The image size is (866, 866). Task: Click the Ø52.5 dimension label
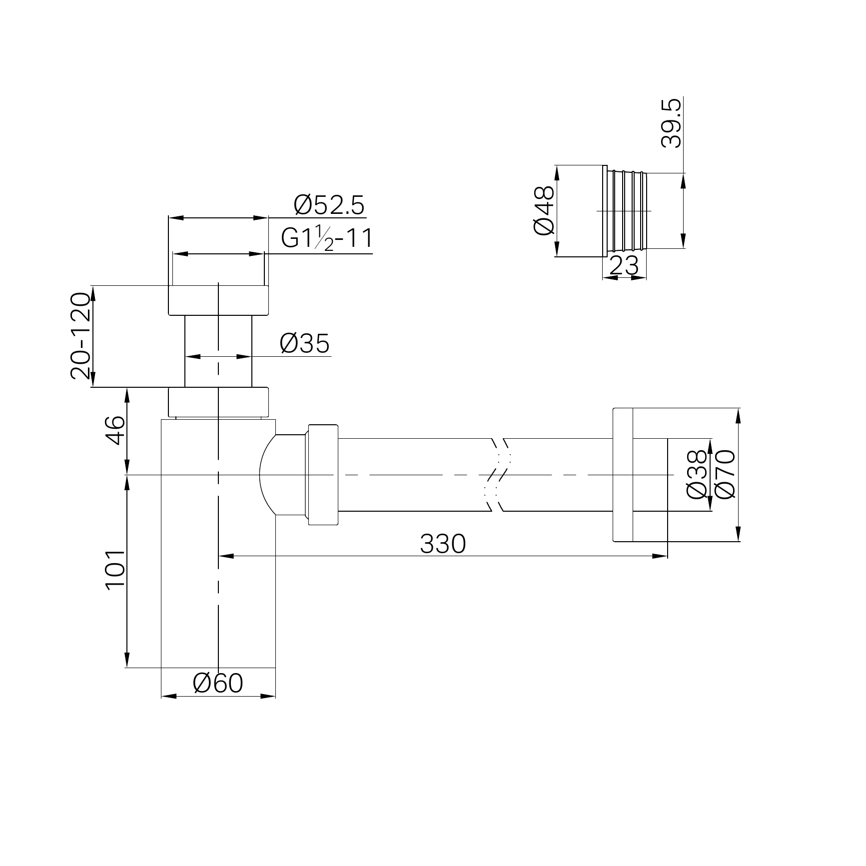329,205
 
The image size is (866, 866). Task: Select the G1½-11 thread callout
327,239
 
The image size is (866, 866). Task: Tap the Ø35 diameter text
305,343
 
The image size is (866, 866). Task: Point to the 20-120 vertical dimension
80,336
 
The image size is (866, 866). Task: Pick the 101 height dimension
115,570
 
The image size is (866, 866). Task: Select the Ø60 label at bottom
218,683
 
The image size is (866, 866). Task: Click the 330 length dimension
443,544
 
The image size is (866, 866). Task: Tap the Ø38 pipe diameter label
697,474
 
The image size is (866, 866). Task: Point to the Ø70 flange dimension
725,474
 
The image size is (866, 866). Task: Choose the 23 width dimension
624,265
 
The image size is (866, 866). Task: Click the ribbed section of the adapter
627,210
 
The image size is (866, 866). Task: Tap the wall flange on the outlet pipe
623,475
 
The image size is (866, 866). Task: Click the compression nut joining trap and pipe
323,475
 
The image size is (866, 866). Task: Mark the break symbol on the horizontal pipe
498,475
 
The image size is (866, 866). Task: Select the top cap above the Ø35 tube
218,300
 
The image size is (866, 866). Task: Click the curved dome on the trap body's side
267,475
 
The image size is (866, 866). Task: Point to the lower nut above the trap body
218,402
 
